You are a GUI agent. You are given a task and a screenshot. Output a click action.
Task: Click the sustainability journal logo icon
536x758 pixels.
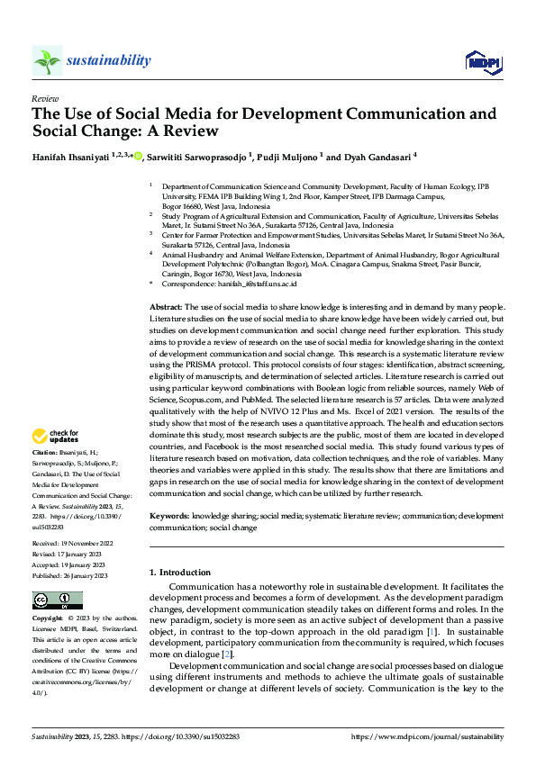[x=46, y=61]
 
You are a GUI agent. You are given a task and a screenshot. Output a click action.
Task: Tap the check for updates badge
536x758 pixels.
[x=56, y=436]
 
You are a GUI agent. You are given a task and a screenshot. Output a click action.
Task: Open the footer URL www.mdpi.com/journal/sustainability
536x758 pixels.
[x=427, y=736]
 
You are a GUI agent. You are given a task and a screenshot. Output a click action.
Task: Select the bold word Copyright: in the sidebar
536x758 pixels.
[x=50, y=620]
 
